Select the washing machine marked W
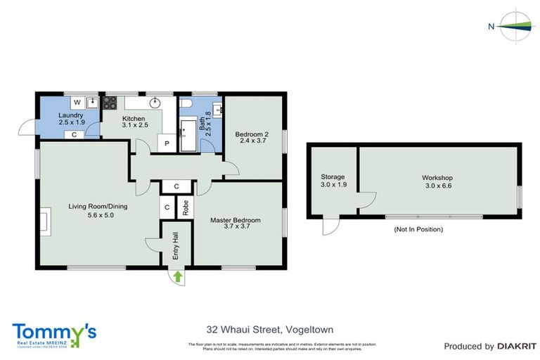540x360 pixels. click(76, 103)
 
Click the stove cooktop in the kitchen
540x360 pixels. click(110, 103)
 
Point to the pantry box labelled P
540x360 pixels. click(167, 143)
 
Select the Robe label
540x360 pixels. click(186, 207)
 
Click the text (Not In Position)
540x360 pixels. click(418, 229)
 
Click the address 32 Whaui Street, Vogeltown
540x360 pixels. click(269, 328)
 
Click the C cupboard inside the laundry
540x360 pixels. click(75, 134)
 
